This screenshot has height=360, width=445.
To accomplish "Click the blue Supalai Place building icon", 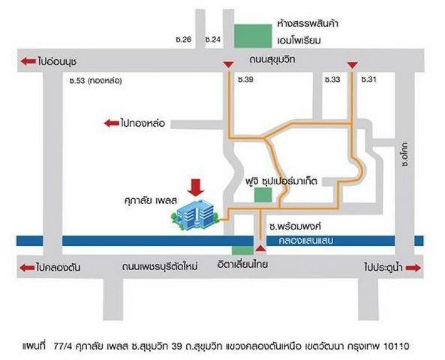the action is (x=195, y=214).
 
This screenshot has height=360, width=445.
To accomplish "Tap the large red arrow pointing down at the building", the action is (x=196, y=187).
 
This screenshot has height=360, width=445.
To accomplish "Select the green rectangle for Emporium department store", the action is (x=253, y=36).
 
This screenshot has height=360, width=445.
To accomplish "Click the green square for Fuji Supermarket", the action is (x=263, y=195).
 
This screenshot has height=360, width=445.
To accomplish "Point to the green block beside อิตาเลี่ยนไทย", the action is (x=243, y=251).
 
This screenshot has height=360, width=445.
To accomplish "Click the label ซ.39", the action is (x=246, y=79).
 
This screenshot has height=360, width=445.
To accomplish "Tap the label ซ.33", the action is (x=333, y=79).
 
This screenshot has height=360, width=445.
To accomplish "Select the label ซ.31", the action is (x=369, y=79).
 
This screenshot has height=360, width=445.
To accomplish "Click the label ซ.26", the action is (x=183, y=39).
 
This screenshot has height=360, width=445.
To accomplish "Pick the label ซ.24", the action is (x=213, y=39).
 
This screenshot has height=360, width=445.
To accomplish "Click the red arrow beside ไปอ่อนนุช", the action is (x=28, y=61).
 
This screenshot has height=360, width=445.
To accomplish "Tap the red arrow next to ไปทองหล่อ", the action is (x=111, y=123).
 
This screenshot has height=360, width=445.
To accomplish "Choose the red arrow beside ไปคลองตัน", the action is (x=27, y=267).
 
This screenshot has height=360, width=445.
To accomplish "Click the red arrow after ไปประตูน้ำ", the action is (x=413, y=268).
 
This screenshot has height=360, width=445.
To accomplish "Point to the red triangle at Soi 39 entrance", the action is (x=228, y=65).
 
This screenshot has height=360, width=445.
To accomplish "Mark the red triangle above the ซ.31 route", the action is (x=352, y=65).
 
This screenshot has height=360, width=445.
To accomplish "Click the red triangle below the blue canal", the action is (x=261, y=248).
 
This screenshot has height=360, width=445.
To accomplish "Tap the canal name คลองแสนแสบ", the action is (x=306, y=241).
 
